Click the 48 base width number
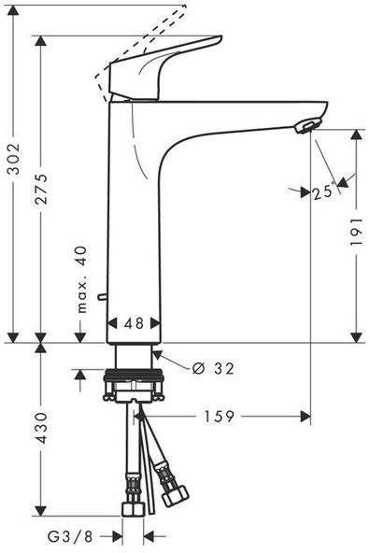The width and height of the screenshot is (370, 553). coord(134,322)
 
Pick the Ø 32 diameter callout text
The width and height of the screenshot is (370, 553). coord(214,368)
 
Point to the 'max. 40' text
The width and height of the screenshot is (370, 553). coord(81,280)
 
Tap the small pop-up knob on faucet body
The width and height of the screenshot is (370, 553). coord(106,298)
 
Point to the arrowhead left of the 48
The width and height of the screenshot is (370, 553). coord(113,322)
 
